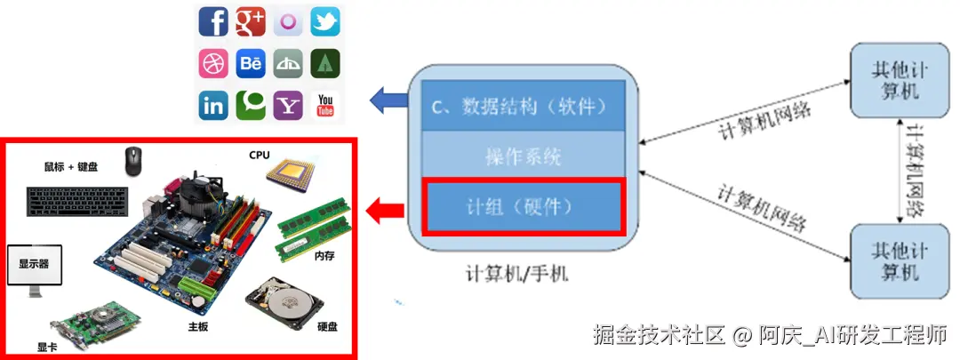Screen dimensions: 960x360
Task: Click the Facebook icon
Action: tap(213, 21)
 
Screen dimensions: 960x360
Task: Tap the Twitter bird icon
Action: tap(325, 21)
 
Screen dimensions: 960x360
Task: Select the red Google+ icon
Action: tap(251, 21)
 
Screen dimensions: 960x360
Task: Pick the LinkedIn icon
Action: tap(213, 105)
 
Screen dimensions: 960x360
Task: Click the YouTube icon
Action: tap(325, 105)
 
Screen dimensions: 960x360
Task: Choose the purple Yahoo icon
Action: tap(288, 105)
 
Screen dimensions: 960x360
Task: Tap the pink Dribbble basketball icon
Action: tap(213, 63)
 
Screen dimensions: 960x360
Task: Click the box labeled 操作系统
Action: tap(524, 157)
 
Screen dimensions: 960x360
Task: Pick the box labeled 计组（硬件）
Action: tap(524, 206)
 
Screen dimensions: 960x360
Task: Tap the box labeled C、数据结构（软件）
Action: tap(524, 107)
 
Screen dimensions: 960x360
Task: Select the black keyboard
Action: tap(77, 200)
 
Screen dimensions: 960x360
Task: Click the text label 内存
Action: tap(324, 255)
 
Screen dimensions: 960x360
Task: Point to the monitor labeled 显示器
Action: tap(34, 269)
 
